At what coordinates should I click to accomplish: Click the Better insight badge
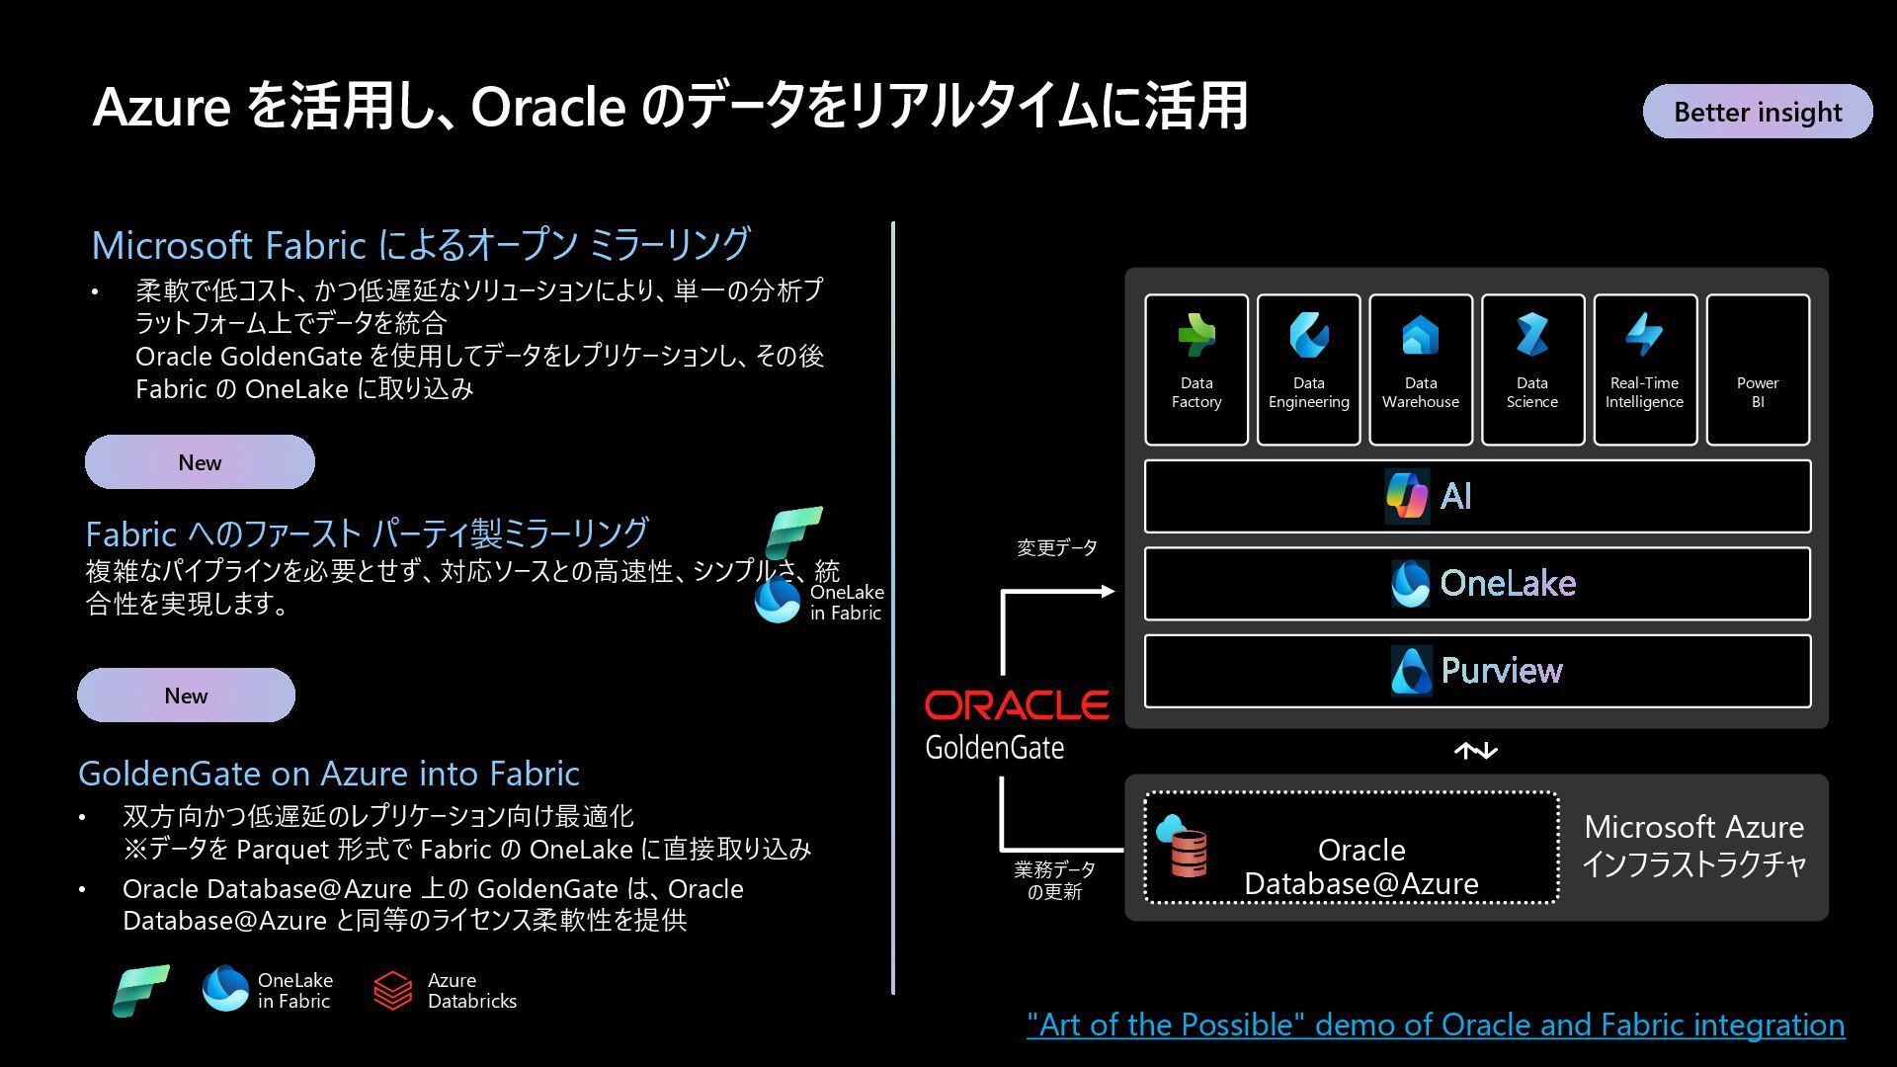coord(1757,112)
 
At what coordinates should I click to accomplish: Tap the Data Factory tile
coord(1196,369)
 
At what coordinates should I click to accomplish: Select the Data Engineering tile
coord(1308,369)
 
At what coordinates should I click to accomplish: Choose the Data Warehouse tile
coord(1421,369)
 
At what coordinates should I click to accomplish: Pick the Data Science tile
coord(1532,369)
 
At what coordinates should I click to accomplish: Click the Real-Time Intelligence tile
coord(1645,369)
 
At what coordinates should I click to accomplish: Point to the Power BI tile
coord(1758,369)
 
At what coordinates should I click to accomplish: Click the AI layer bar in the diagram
coord(1477,496)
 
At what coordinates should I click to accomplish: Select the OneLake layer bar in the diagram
coord(1477,583)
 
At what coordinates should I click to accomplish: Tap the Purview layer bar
coord(1477,671)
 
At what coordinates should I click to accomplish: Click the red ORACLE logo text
coord(1016,705)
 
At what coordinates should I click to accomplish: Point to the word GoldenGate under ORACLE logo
coord(994,748)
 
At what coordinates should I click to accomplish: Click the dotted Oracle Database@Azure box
coord(1352,848)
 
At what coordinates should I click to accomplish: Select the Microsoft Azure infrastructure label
coord(1693,846)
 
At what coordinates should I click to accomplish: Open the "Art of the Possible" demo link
coord(1435,1025)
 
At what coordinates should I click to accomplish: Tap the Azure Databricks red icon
coord(392,990)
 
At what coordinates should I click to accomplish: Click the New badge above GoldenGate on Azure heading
coord(186,696)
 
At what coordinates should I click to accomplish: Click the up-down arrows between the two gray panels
coord(1476,752)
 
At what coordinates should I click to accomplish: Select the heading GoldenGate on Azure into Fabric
coord(329,774)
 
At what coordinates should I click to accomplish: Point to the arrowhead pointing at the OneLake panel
coord(1108,591)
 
